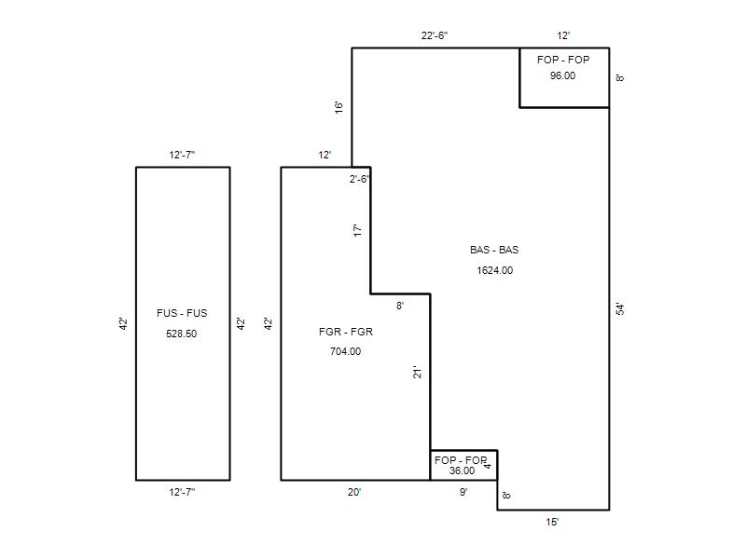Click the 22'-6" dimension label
pyautogui.click(x=435, y=35)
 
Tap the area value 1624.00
pyautogui.click(x=495, y=270)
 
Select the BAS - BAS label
pyautogui.click(x=494, y=250)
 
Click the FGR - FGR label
pyautogui.click(x=346, y=332)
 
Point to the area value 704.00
pyautogui.click(x=345, y=351)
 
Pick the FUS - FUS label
pyautogui.click(x=182, y=313)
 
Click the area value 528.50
pyautogui.click(x=181, y=334)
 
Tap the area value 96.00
pyautogui.click(x=563, y=75)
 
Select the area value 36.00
pyautogui.click(x=462, y=470)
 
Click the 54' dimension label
pyautogui.click(x=620, y=309)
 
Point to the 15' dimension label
pyautogui.click(x=552, y=522)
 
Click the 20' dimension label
pyautogui.click(x=354, y=492)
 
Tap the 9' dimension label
pyautogui.click(x=463, y=492)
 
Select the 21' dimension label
pyautogui.click(x=417, y=372)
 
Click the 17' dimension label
pyautogui.click(x=358, y=230)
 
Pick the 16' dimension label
pyautogui.click(x=338, y=107)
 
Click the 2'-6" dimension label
pyautogui.click(x=360, y=179)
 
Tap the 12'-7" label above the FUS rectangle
pyautogui.click(x=182, y=155)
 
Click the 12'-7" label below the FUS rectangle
pyautogui.click(x=182, y=492)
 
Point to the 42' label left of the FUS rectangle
pyautogui.click(x=123, y=323)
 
